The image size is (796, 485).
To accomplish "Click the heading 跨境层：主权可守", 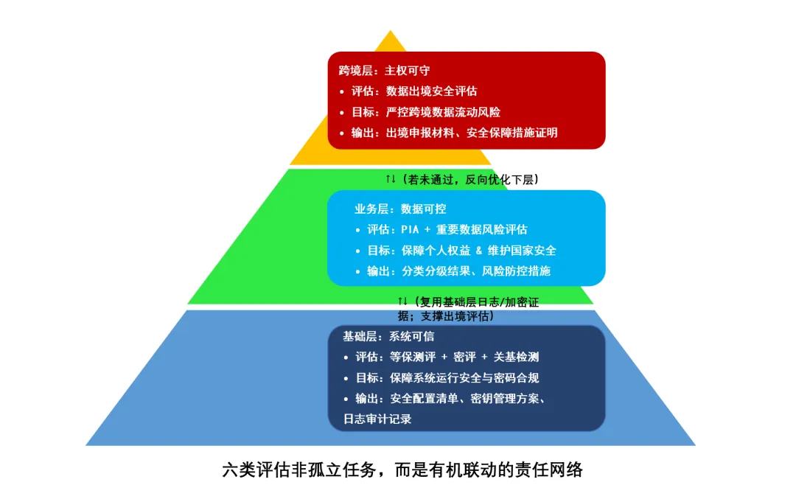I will (384, 71).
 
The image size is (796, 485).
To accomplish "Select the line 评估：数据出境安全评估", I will (413, 91).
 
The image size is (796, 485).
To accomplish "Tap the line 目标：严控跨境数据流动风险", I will (425, 112).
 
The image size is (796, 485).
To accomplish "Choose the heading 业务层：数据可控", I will (400, 209).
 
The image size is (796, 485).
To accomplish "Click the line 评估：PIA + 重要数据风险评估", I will (447, 229).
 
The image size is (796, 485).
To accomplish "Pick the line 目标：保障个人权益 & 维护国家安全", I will (461, 250).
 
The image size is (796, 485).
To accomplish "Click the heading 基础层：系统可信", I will (388, 336).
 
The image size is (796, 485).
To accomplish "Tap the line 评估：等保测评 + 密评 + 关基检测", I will (446, 357).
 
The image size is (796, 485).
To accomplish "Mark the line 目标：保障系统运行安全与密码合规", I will (447, 377).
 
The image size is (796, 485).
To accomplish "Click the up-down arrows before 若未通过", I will (391, 179).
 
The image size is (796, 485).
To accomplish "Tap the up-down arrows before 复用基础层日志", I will (402, 301).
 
